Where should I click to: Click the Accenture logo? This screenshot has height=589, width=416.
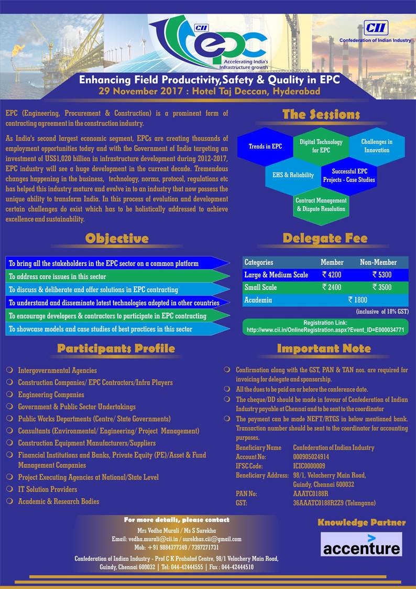[361, 544]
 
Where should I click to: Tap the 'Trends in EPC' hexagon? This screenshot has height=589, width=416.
[265, 146]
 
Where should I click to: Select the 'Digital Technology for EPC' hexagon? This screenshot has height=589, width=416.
[321, 146]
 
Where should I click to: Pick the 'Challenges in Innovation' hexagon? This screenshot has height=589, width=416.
[376, 146]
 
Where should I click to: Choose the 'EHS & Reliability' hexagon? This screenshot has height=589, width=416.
[293, 175]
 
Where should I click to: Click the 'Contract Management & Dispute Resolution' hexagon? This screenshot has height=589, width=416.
[321, 205]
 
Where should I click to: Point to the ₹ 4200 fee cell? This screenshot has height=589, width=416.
[332, 274]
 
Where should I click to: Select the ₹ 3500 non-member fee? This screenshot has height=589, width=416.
[382, 287]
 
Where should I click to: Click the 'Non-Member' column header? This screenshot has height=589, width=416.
[378, 262]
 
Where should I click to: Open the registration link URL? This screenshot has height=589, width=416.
[325, 330]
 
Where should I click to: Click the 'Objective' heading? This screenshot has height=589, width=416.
[117, 239]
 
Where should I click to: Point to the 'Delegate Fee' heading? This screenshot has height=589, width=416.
[325, 239]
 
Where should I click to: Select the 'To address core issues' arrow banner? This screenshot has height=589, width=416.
[118, 276]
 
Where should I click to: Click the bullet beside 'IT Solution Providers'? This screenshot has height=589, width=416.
[9, 489]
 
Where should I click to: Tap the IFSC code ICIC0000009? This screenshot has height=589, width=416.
[309, 466]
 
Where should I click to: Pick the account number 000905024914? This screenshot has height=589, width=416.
[311, 457]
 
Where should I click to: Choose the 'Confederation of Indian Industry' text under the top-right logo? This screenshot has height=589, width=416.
[375, 40]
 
